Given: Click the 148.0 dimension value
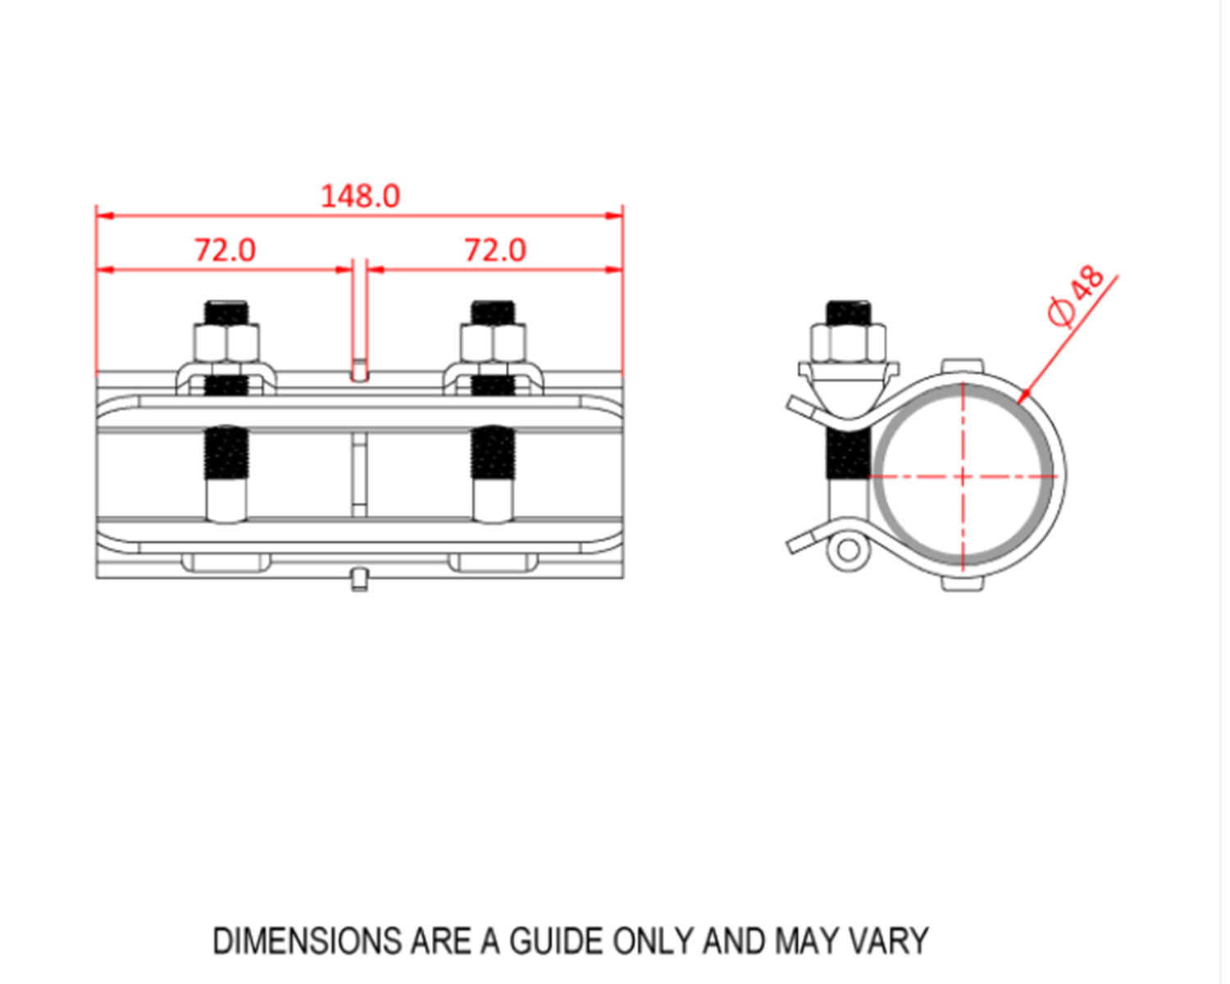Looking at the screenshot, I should tap(360, 196).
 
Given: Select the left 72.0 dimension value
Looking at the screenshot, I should tap(225, 250).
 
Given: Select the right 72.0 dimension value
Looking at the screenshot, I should tap(495, 250).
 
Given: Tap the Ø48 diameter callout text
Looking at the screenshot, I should tap(1077, 296).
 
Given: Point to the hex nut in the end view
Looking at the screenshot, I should tap(848, 342).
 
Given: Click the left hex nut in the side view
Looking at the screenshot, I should tap(226, 342).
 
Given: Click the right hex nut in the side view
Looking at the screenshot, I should tap(494, 342).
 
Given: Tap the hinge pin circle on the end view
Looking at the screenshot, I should tap(847, 550).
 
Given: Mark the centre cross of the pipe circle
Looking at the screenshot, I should tap(963, 476).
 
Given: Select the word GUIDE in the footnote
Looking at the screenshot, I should tap(557, 941).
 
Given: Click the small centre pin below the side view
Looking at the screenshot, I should tap(359, 579).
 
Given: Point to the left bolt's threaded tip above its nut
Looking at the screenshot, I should tap(226, 312).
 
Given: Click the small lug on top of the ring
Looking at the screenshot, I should tap(962, 366).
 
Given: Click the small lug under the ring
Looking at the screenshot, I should tap(962, 583).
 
